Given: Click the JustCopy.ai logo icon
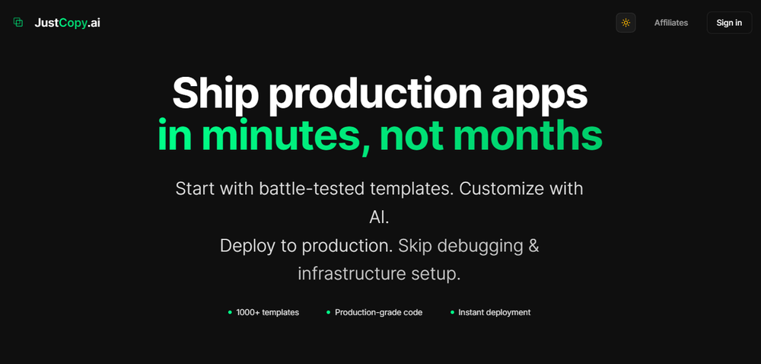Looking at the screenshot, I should coord(18,23).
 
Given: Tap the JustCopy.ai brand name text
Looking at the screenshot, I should coord(67,23).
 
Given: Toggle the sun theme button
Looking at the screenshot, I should coord(626,23).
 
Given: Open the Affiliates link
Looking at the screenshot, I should coord(670,23).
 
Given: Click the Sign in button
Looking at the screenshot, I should coord(729,23).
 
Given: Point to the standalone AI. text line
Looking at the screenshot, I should coord(379,217).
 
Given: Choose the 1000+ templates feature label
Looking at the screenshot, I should coord(267,312).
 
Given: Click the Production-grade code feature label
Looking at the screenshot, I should coord(378,312).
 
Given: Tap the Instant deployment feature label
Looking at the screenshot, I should coord(494,312).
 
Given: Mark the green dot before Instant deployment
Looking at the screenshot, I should coord(452,312).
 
